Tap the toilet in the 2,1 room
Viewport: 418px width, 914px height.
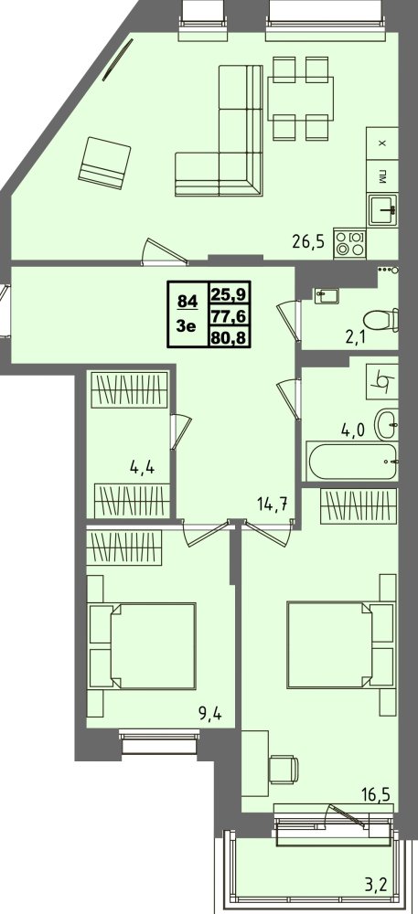tap(381, 320)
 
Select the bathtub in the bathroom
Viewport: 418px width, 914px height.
tap(352, 461)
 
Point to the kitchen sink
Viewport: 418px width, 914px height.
tap(383, 209)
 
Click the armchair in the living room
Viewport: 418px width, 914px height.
tap(105, 163)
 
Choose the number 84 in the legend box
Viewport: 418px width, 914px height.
tap(188, 302)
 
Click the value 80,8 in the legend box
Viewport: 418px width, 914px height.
tap(229, 336)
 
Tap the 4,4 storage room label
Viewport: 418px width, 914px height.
tap(143, 467)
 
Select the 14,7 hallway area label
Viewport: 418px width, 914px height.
tap(273, 505)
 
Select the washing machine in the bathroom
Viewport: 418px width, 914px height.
tap(381, 381)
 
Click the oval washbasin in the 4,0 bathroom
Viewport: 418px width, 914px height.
tap(387, 424)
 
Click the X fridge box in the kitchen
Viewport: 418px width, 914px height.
tap(382, 143)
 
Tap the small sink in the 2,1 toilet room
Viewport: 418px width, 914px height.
tap(326, 295)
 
